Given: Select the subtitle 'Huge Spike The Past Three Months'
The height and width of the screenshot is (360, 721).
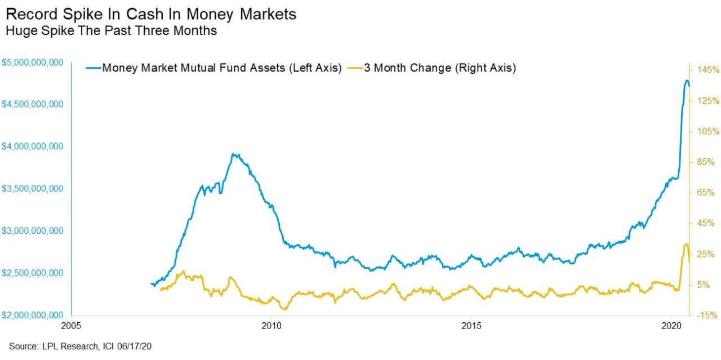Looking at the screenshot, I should point(111,31).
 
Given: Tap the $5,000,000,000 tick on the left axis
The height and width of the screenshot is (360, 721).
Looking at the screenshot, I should point(32,63).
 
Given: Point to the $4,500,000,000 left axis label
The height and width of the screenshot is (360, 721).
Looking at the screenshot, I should point(32,105).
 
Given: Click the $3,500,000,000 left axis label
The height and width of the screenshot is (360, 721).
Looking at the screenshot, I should point(32,189).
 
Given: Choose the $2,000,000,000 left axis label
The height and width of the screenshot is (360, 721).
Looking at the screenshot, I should point(32,315).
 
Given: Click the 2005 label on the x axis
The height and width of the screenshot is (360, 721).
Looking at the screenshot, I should point(71,326).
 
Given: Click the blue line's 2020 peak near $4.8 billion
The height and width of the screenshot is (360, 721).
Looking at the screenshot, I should point(687,81).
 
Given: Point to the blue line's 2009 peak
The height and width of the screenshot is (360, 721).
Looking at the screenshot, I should point(234,154).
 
